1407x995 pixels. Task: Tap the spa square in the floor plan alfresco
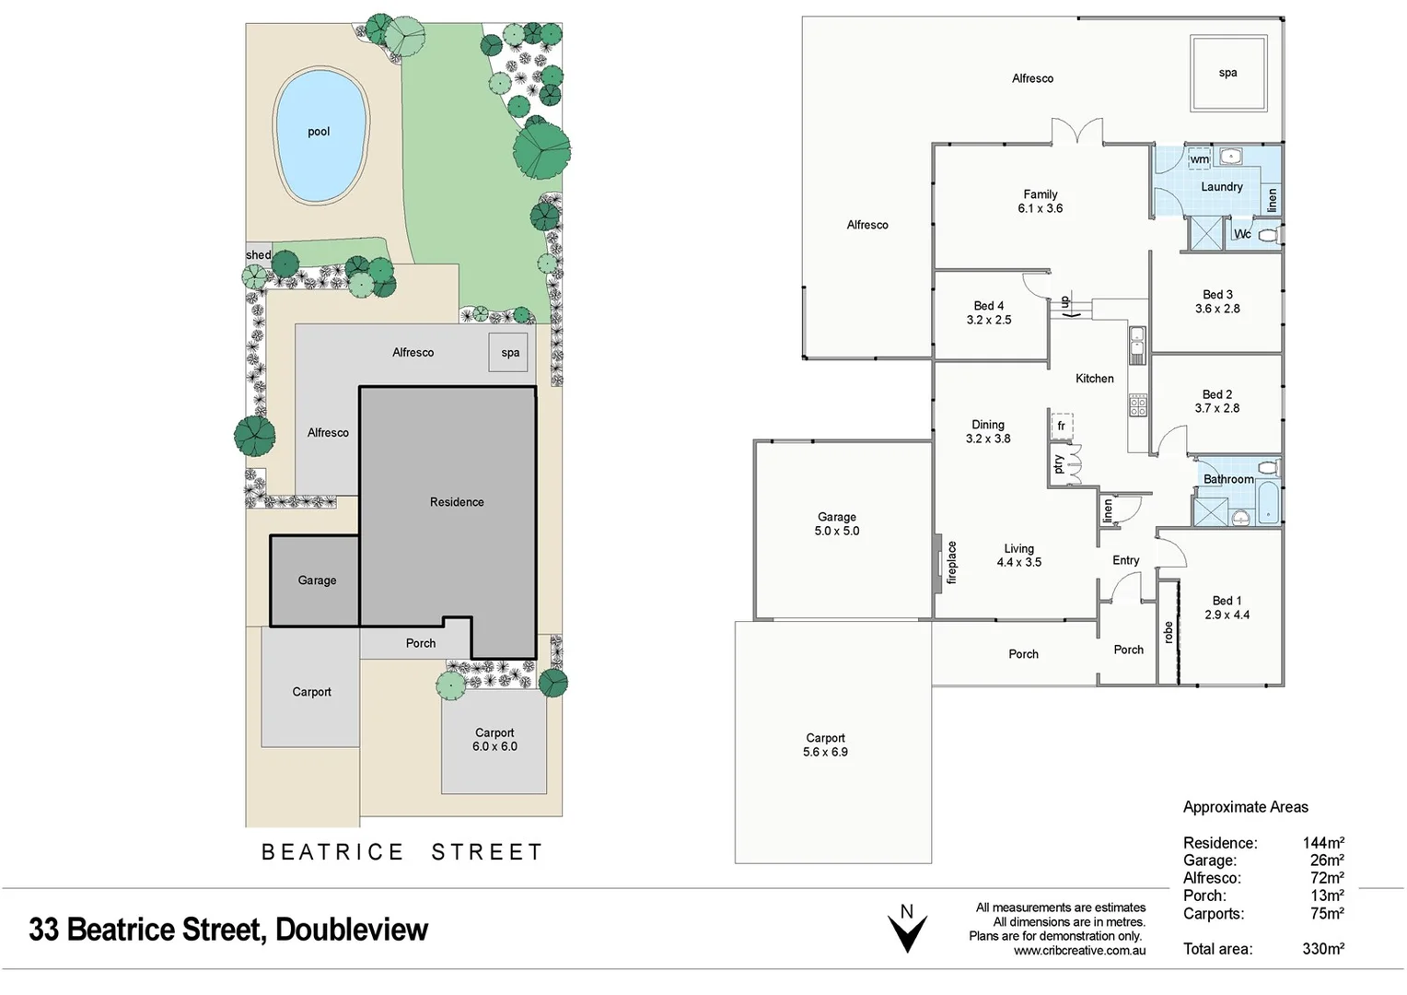[1227, 73]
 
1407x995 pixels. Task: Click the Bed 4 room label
[988, 313]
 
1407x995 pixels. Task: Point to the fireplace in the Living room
[938, 561]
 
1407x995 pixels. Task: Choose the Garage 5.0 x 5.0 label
[836, 524]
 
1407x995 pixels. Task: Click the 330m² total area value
[1322, 949]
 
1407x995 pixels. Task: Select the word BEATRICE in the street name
[332, 852]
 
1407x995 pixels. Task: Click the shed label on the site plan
[258, 255]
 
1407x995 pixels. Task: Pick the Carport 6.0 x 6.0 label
[494, 740]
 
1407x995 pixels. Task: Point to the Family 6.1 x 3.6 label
[1040, 202]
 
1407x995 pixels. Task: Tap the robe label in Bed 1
[1169, 632]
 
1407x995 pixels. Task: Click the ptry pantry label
[1058, 464]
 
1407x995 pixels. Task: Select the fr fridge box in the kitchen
[1062, 426]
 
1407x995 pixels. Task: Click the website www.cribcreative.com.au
[1079, 951]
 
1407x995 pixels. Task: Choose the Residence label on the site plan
[456, 502]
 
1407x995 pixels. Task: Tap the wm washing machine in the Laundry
[1199, 159]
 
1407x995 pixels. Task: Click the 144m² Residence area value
[1322, 843]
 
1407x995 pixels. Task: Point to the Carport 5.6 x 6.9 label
[825, 745]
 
